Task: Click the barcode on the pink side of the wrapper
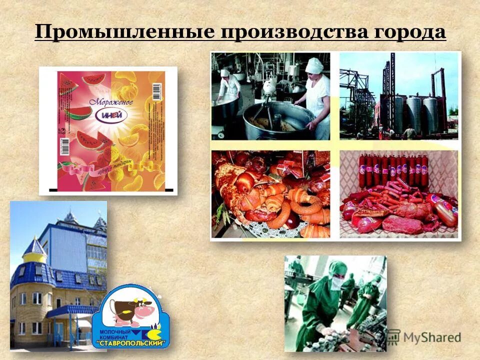pos(64,146)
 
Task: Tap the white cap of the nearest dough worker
pos(314,65)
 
